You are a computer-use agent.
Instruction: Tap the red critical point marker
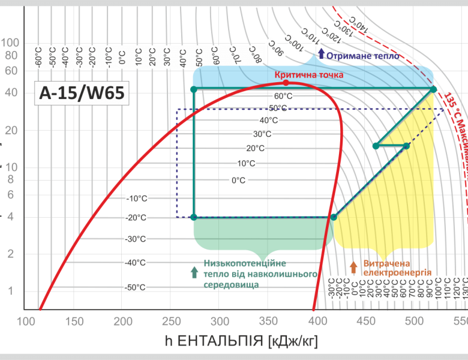pos(286,83)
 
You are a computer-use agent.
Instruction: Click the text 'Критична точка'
pos(309,75)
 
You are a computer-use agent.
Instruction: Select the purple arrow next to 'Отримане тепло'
pos(322,55)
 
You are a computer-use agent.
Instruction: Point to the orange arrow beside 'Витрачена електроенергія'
pos(353,267)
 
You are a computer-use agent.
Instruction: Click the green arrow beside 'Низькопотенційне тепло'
pos(194,272)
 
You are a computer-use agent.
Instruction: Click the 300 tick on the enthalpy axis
pos(220,322)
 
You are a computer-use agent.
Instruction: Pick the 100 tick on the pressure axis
pos(10,43)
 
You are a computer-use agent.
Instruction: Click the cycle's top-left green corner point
pos(193,89)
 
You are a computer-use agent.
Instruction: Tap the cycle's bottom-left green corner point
pos(193,217)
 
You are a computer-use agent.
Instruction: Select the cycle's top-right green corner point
pos(433,89)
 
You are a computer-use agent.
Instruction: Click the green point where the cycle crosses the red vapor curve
pos(334,217)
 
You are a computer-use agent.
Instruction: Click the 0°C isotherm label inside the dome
pos(239,180)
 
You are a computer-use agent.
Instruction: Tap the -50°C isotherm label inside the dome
pos(136,287)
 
